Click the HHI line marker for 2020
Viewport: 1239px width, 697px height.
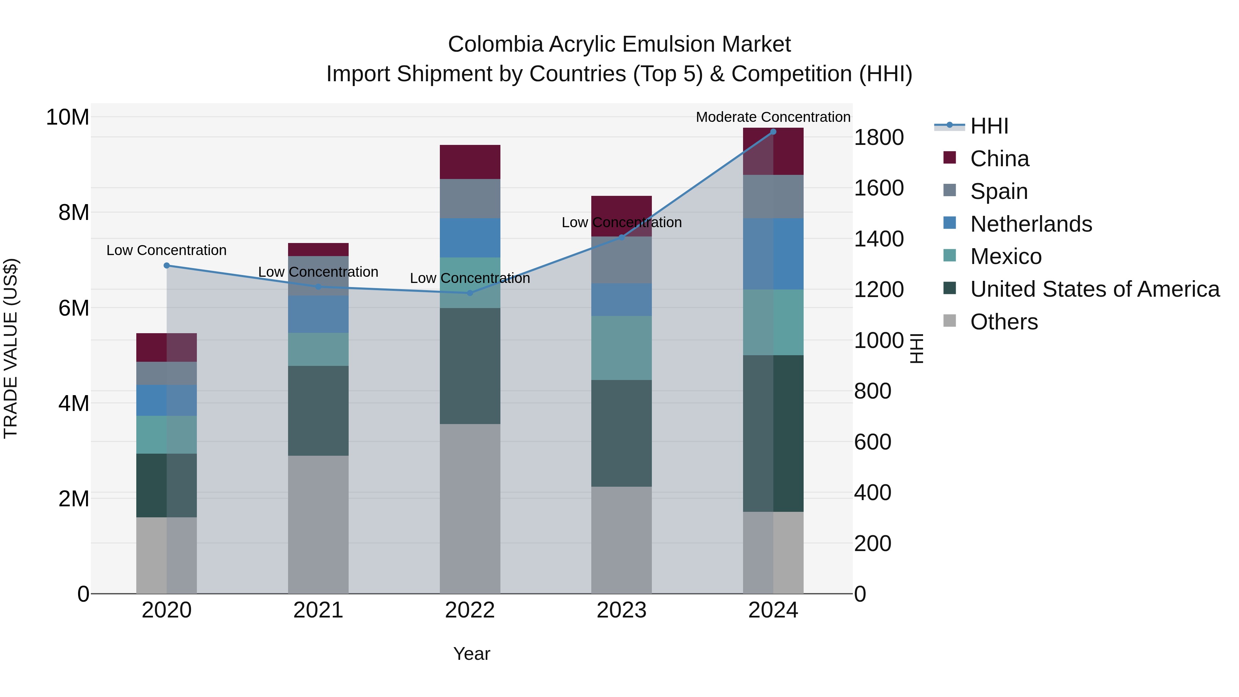[x=167, y=265]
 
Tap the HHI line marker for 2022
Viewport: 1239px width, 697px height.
[x=470, y=293]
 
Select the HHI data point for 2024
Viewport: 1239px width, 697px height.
[x=773, y=132]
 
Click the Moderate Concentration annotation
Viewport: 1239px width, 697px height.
[x=773, y=117]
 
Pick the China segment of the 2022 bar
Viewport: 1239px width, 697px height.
[x=470, y=162]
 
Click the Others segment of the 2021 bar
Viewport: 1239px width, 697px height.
[x=318, y=524]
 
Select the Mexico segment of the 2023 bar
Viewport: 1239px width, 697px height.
[x=622, y=348]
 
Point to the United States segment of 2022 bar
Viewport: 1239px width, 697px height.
[x=470, y=366]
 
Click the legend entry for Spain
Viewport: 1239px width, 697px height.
[x=998, y=191]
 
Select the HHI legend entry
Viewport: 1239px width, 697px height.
[x=989, y=126]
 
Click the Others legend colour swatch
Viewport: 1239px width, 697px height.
[x=950, y=320]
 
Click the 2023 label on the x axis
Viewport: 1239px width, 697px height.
[x=622, y=610]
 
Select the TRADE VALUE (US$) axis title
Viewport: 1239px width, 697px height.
[x=11, y=348]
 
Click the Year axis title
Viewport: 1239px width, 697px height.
[x=472, y=654]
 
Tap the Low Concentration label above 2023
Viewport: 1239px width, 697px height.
[x=622, y=222]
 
